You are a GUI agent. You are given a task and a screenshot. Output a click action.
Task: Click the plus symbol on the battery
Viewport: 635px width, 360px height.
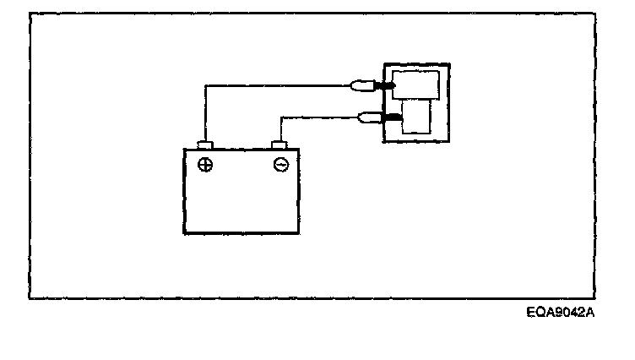click(x=205, y=165)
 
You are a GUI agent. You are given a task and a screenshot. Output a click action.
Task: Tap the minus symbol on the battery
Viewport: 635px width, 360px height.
click(x=281, y=165)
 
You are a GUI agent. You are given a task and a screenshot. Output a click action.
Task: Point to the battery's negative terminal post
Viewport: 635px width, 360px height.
click(x=280, y=145)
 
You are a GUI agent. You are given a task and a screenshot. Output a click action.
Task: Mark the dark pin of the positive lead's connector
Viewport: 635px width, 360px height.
click(x=383, y=85)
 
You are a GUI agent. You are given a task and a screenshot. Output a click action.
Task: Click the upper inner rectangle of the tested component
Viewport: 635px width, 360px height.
click(x=415, y=85)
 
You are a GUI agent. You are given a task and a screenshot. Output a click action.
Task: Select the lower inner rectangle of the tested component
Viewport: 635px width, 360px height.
click(x=418, y=119)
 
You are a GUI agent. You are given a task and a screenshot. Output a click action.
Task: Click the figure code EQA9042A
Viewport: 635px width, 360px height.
click(x=561, y=313)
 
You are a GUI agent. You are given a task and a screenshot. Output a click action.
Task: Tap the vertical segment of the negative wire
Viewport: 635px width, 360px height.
click(x=280, y=128)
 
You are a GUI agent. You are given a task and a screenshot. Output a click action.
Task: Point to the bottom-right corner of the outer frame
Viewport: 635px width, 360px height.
click(x=596, y=297)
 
